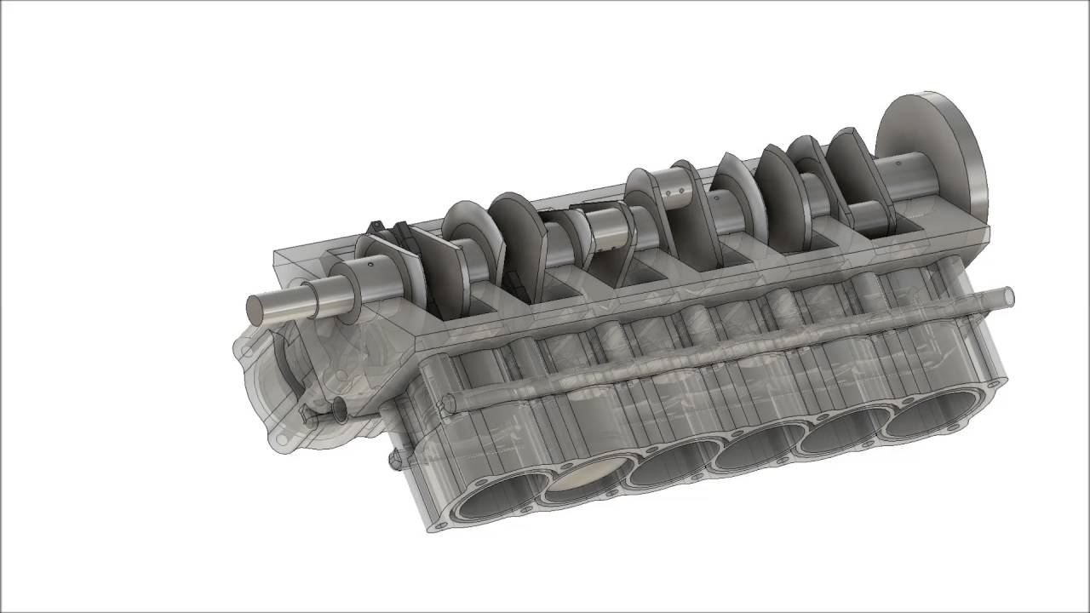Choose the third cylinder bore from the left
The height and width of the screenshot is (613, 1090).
pos(673,465)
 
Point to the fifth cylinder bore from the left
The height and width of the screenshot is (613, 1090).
pos(843,432)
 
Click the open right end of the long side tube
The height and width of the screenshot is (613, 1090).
pos(1008,297)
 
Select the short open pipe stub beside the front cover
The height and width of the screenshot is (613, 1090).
pos(339,410)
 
